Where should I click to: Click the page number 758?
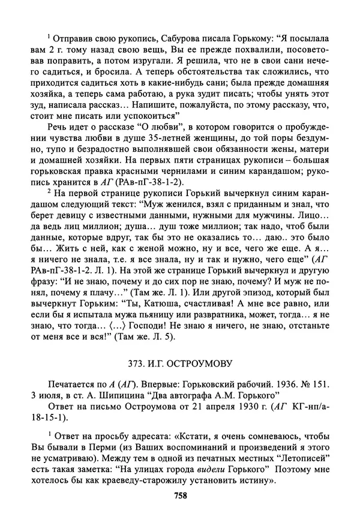[181, 495]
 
